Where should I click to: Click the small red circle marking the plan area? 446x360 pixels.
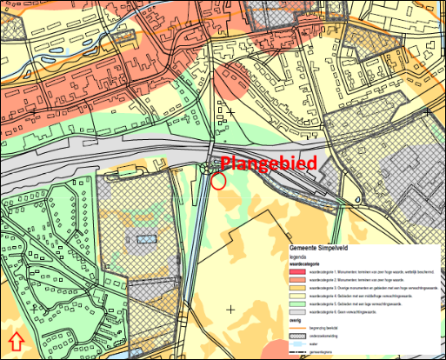pyautogui.click(x=218, y=181)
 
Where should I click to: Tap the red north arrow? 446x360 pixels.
pyautogui.click(x=16, y=340)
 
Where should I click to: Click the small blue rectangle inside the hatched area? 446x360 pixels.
pyautogui.click(x=144, y=237)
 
